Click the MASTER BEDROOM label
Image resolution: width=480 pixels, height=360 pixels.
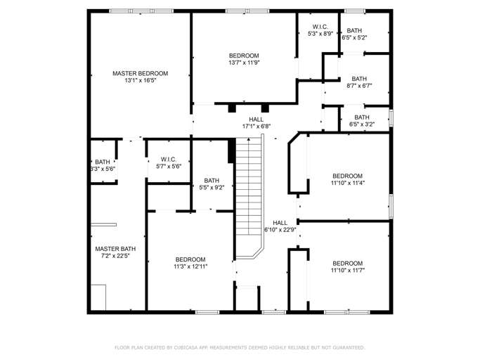click(x=141, y=73)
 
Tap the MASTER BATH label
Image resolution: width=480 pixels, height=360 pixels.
click(x=115, y=248)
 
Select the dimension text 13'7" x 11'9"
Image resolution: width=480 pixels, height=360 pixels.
click(x=244, y=63)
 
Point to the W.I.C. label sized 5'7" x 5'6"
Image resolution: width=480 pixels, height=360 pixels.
click(x=168, y=159)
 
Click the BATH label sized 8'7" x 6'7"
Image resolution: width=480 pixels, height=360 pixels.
click(x=359, y=79)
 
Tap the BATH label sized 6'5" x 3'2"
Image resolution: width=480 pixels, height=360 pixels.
click(x=362, y=117)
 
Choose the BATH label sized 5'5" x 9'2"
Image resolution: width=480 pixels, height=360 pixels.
click(x=212, y=181)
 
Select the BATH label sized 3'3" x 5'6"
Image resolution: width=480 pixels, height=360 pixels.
click(x=103, y=162)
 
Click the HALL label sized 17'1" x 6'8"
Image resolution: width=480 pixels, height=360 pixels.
click(x=257, y=119)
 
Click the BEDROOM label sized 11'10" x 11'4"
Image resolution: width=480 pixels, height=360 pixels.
click(x=347, y=176)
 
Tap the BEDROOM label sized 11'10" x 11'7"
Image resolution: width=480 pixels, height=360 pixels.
click(x=347, y=263)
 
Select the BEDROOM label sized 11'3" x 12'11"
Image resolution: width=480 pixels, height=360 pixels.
click(x=190, y=259)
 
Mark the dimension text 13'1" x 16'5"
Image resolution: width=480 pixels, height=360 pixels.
click(x=141, y=81)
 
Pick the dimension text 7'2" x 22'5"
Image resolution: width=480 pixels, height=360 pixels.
click(x=115, y=256)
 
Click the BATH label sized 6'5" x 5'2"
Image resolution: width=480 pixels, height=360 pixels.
click(x=354, y=30)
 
